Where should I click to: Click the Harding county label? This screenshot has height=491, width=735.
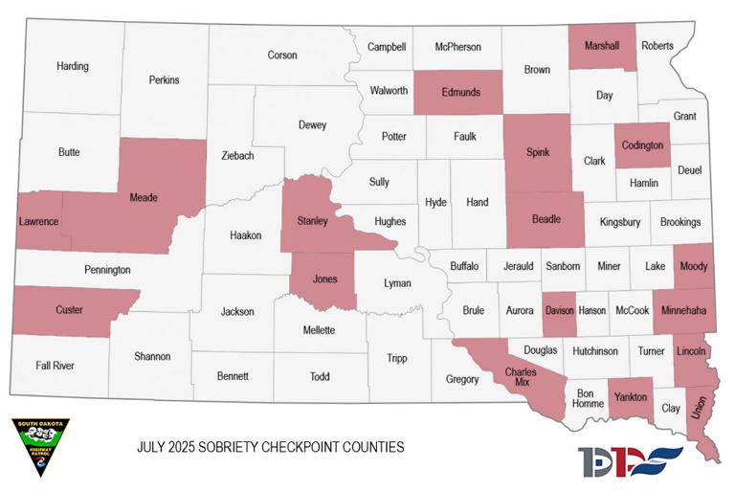(x=73, y=66)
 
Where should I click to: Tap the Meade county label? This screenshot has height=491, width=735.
(x=144, y=198)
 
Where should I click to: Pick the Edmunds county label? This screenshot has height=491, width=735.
(x=460, y=92)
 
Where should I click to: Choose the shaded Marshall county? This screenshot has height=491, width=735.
(x=601, y=46)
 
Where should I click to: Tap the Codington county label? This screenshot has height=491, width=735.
(x=642, y=145)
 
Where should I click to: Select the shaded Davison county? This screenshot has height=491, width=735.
(x=559, y=311)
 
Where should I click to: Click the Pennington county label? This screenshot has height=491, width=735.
(x=107, y=270)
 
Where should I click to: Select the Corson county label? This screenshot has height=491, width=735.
(x=282, y=56)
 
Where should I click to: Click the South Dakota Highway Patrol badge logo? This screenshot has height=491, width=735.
(x=40, y=447)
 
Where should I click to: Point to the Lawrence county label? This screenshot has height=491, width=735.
(x=38, y=222)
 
